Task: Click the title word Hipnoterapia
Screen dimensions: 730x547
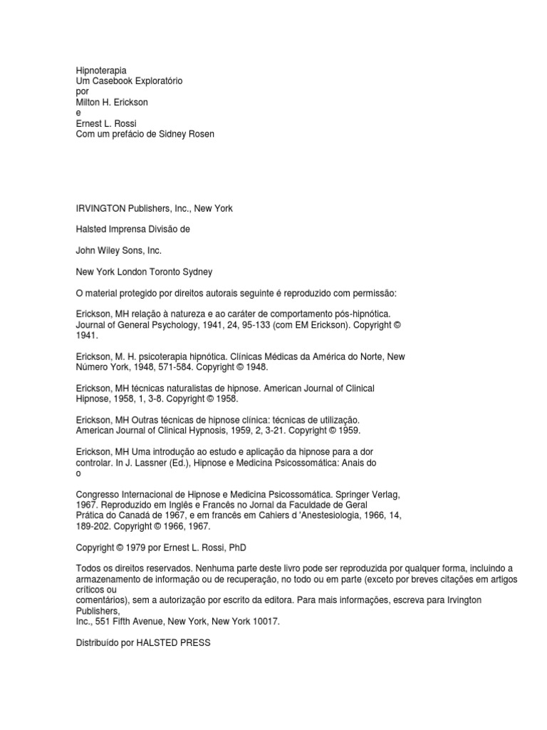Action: click(x=101, y=71)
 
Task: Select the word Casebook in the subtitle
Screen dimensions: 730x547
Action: click(x=114, y=81)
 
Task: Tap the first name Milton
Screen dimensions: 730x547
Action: click(x=89, y=103)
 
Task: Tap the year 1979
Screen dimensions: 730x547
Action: click(x=133, y=547)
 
